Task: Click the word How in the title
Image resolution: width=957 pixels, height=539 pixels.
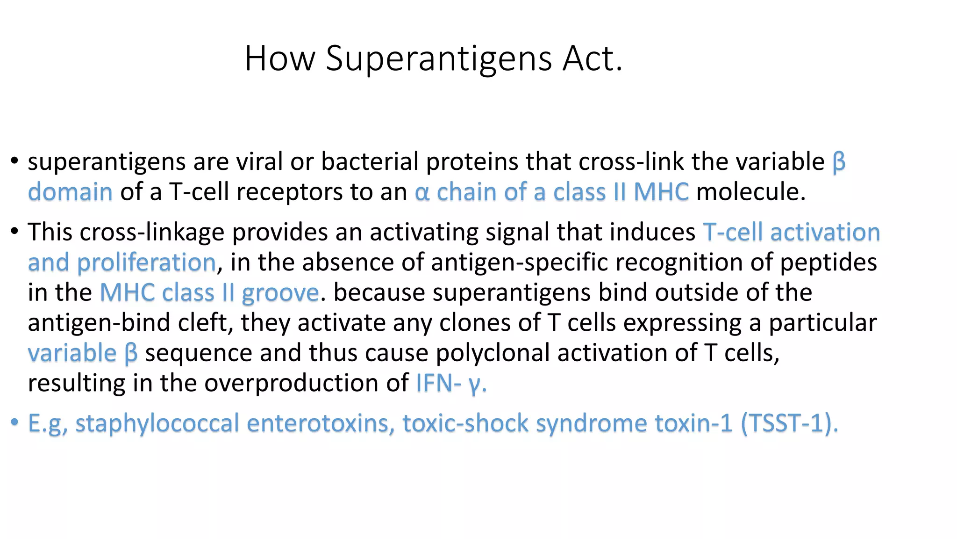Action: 280,58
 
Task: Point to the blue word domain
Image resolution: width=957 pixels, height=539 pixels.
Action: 70,192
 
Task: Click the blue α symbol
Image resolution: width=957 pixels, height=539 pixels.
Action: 421,193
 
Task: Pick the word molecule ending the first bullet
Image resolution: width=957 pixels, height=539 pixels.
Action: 750,192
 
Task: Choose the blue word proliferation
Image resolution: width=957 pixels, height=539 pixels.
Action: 146,262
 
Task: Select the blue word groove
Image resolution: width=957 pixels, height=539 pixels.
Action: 280,293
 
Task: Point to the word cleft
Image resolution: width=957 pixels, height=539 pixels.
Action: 205,323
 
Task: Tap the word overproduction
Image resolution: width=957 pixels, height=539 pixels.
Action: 306,384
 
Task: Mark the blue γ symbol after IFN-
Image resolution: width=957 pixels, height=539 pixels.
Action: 474,385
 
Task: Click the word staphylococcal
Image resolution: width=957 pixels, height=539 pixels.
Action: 157,423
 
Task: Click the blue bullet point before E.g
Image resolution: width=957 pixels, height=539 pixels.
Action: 14,423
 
